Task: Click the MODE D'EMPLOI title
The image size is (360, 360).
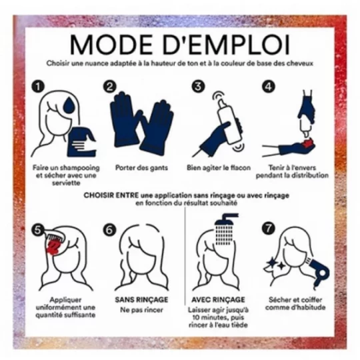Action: tap(179, 45)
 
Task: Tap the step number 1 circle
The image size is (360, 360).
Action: tap(38, 87)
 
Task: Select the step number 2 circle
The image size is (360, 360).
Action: tap(110, 87)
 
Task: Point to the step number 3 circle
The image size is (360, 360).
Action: tap(198, 87)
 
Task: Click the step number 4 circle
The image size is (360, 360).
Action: tap(269, 87)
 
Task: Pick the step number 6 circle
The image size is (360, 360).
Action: tap(109, 230)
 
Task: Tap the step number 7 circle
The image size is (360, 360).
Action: tap(269, 229)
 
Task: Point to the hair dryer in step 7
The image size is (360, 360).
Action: tap(318, 271)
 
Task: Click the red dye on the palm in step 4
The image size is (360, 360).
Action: tap(307, 143)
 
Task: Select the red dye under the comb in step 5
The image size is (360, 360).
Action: tap(53, 247)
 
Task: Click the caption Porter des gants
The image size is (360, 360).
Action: tap(141, 167)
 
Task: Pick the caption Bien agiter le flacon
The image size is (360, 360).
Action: tap(219, 167)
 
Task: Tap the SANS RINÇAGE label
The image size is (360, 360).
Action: tap(141, 299)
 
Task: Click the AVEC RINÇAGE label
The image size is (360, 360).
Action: tap(218, 299)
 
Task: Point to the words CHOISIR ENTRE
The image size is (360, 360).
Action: tap(111, 195)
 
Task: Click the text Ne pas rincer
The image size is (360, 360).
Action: tap(141, 310)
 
